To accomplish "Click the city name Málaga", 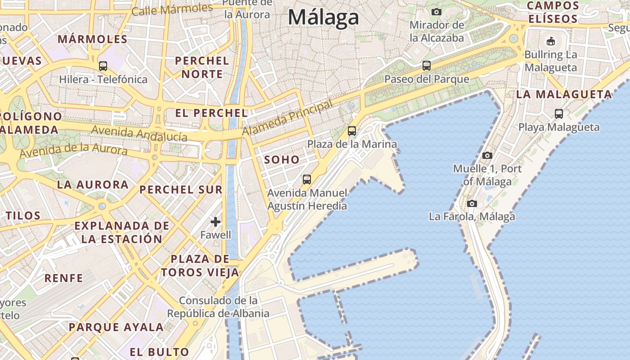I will (323, 17).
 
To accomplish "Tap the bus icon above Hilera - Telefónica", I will (103, 66).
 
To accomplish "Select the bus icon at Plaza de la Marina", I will (352, 131).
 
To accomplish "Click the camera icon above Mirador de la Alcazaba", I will (436, 12).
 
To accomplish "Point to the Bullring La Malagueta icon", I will (550, 41).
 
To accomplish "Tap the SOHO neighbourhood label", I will (282, 159).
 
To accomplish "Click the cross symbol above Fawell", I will (216, 221).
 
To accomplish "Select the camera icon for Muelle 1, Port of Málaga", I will (487, 155).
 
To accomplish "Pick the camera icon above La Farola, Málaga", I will (472, 203).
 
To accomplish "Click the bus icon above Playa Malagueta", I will (559, 114).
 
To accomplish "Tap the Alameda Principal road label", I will (288, 117).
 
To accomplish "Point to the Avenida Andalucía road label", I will (139, 134).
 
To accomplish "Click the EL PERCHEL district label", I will (211, 113).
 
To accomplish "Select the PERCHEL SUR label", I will (181, 189).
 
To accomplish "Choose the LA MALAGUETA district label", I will (564, 94).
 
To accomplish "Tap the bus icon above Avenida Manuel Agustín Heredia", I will (307, 180).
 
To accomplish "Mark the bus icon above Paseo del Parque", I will (427, 66).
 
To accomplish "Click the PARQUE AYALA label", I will (116, 327).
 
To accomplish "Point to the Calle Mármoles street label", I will (172, 9).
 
